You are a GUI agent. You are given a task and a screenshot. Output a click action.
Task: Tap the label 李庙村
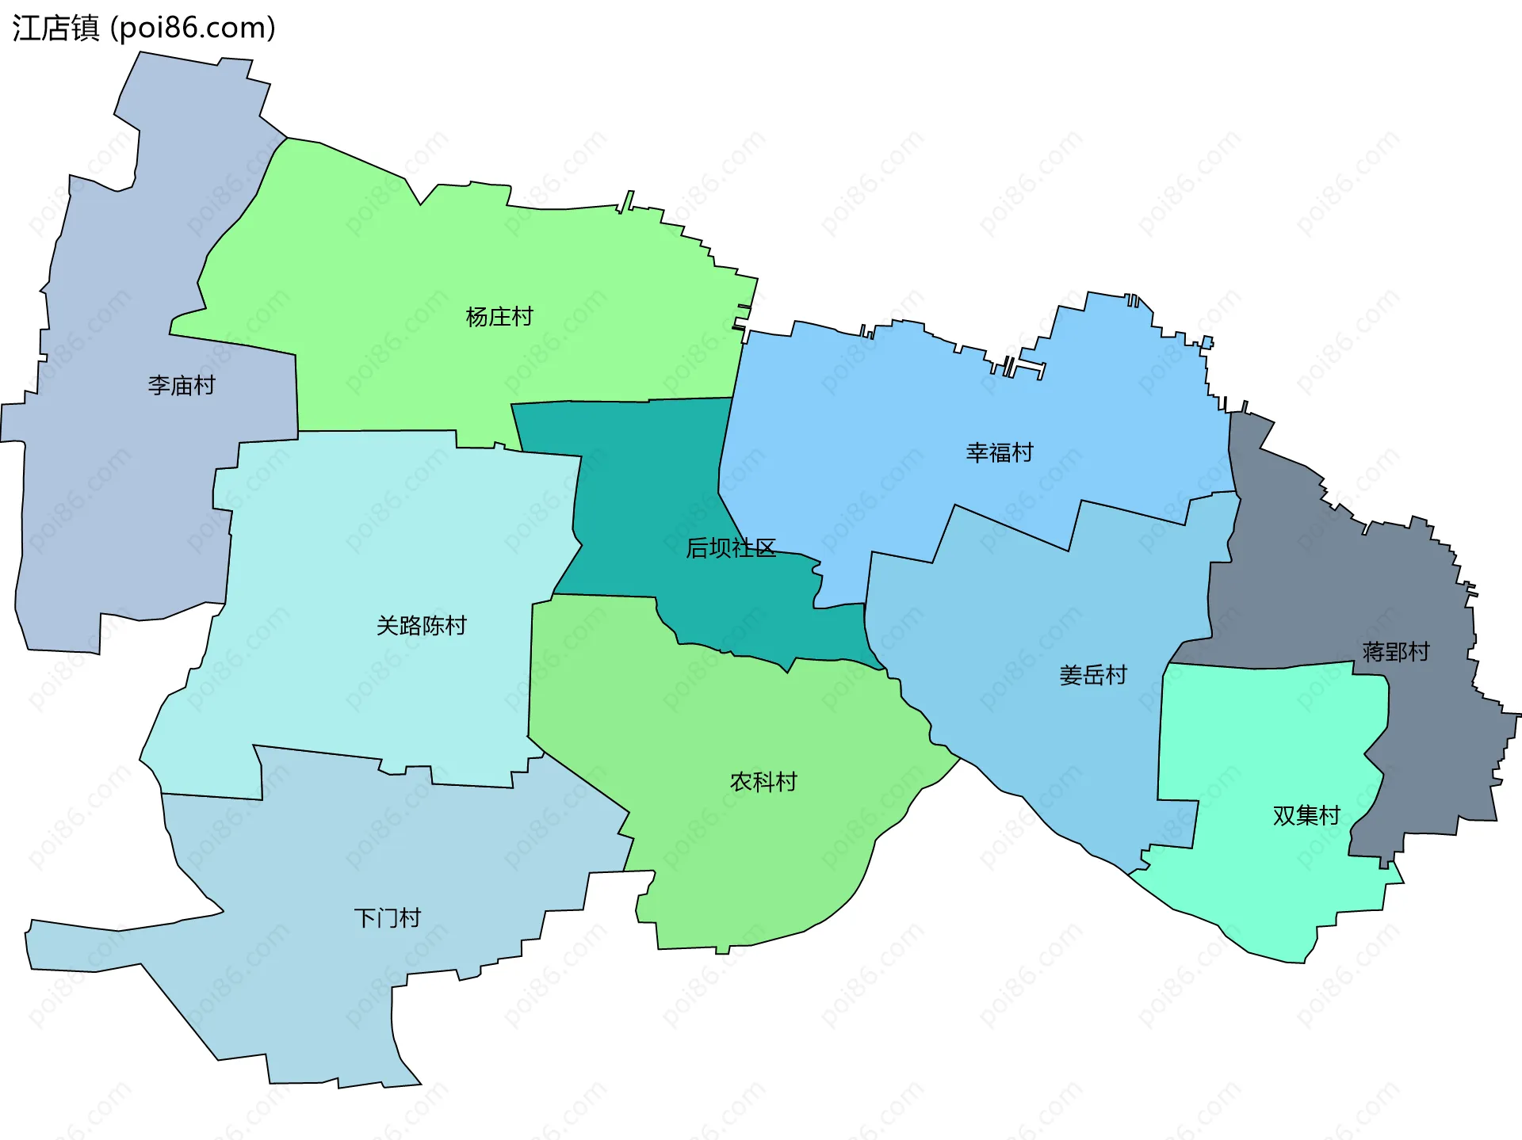coord(182,386)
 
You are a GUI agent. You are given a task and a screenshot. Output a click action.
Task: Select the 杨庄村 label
coord(499,317)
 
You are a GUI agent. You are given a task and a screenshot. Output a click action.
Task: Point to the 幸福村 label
coord(1000,452)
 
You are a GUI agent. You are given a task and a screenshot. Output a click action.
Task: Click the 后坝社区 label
coord(731,548)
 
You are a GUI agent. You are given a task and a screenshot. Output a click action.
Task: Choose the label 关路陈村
coord(421,626)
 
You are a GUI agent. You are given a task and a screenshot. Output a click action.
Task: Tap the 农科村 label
coord(763,782)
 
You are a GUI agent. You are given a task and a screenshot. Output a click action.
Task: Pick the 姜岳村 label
coord(1093,675)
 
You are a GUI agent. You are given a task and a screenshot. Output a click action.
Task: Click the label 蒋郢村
coord(1395,652)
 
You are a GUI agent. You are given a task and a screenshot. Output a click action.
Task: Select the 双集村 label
coord(1306,815)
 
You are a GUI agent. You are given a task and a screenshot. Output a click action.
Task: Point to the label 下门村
coord(387,918)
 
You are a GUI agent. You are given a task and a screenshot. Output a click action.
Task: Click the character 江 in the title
coord(26,28)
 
